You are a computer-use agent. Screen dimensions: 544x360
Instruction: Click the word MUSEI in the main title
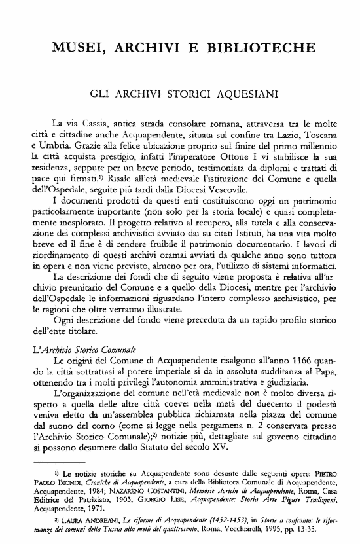(77, 48)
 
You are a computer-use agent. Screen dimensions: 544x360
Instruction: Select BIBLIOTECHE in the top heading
(260, 48)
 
